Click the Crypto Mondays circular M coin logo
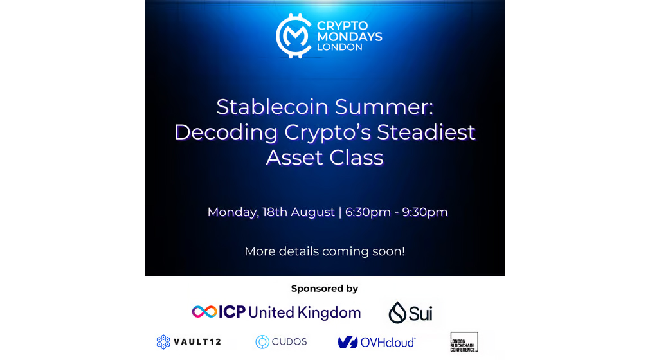pos(294,36)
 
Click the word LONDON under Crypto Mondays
pos(339,47)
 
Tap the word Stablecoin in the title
pos(272,107)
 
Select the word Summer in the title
pos(384,107)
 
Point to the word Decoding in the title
pos(226,132)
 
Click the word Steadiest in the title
pos(426,132)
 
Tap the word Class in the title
pos(357,157)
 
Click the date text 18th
pos(275,212)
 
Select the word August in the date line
pos(312,213)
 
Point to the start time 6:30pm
pos(368,212)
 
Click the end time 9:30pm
pos(425,212)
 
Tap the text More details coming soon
pos(325,251)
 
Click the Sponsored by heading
pos(325,289)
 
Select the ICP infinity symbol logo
pos(204,312)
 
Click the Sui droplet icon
pos(397,312)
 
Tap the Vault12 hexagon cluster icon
pos(163,342)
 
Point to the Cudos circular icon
pos(262,342)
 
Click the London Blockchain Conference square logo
pos(464,342)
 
